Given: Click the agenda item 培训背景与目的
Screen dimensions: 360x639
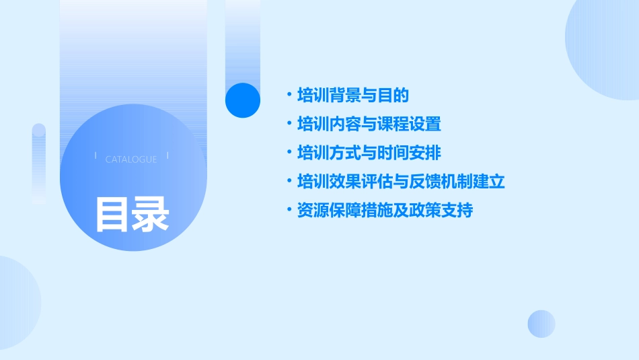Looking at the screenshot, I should click(352, 96).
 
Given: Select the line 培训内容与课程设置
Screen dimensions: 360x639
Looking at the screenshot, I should click(369, 124).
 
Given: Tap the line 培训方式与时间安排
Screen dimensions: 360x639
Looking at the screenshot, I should click(369, 153).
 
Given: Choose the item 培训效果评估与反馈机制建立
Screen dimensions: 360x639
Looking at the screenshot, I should click(401, 182).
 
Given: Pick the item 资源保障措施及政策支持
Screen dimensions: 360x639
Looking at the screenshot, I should click(385, 211).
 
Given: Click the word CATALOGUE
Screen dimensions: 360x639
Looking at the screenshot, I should click(131, 159).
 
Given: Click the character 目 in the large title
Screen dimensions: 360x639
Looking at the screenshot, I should click(112, 214).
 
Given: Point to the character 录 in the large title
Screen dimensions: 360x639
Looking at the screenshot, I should click(151, 214).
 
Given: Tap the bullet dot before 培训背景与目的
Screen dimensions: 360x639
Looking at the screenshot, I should click(289, 96).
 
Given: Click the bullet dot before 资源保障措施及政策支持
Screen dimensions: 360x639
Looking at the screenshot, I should click(289, 211).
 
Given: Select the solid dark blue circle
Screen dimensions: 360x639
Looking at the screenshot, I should click(243, 100).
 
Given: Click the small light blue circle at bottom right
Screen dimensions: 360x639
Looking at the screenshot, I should click(541, 324).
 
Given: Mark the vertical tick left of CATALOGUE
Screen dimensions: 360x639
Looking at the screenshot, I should click(96, 155).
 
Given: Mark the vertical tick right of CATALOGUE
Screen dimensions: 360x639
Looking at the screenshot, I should click(167, 155).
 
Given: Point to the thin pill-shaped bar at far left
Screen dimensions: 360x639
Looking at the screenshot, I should click(39, 164).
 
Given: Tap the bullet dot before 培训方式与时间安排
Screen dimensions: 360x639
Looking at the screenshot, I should click(289, 153).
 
